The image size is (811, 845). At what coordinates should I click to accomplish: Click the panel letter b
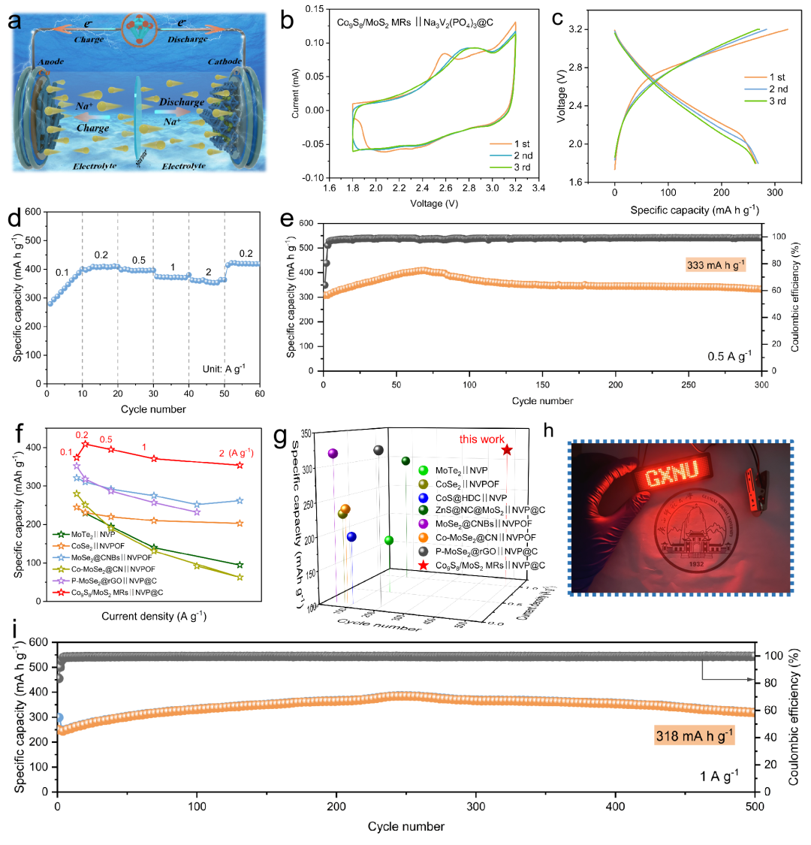click(287, 20)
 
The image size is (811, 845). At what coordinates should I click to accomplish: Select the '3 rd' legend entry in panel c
click(776, 101)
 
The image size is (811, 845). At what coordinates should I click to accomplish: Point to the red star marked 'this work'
click(507, 450)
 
